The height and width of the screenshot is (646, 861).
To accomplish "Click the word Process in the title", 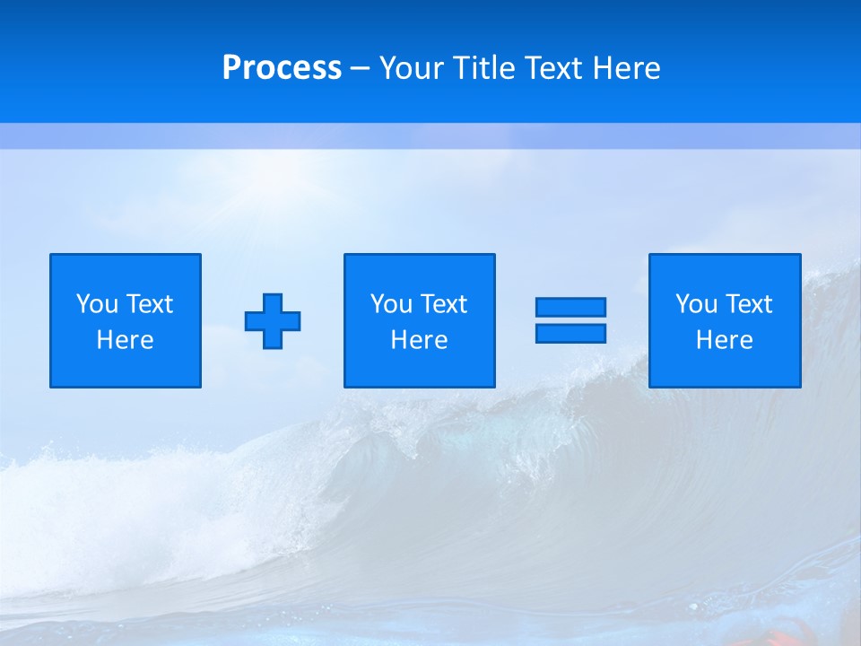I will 282,68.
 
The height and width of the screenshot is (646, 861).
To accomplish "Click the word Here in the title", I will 626,68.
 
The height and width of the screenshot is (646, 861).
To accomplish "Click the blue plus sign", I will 273,320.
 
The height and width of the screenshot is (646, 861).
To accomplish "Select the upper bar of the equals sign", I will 570,307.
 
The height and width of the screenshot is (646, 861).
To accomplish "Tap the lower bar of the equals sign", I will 570,333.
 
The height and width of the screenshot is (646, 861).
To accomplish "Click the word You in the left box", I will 97,304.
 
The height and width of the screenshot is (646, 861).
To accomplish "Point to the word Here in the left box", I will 125,340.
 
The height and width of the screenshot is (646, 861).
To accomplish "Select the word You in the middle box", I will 391,304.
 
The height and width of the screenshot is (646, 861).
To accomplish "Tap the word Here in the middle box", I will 419,340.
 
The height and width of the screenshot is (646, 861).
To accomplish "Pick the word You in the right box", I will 696,304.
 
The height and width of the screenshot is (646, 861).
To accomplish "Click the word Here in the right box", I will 724,340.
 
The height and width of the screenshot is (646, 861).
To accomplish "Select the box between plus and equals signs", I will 419,269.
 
